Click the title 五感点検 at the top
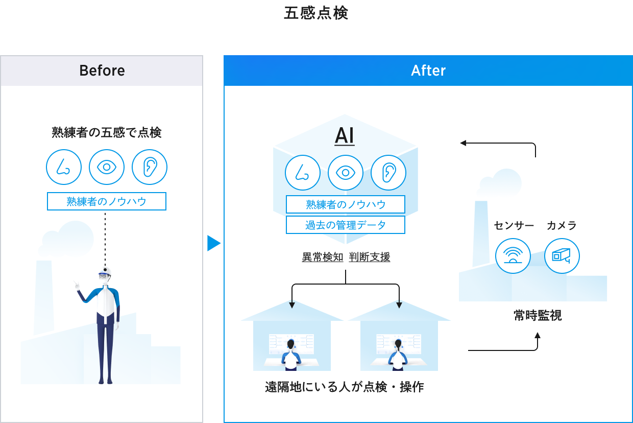tap(316, 13)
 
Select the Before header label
tap(102, 70)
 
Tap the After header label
tap(428, 70)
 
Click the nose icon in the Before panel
tap(64, 167)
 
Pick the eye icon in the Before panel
tap(107, 167)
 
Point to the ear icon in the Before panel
tap(150, 167)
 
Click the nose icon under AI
tap(303, 173)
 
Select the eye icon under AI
tap(346, 173)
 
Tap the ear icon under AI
tap(388, 173)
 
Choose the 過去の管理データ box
tap(346, 225)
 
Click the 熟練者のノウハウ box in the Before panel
tap(107, 201)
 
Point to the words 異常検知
tap(323, 257)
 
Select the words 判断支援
tap(370, 257)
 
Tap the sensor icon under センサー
tap(513, 255)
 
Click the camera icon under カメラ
tap(562, 255)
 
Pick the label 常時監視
tap(538, 316)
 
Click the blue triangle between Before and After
tap(213, 244)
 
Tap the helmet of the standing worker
tap(105, 270)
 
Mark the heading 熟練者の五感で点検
tap(107, 133)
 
